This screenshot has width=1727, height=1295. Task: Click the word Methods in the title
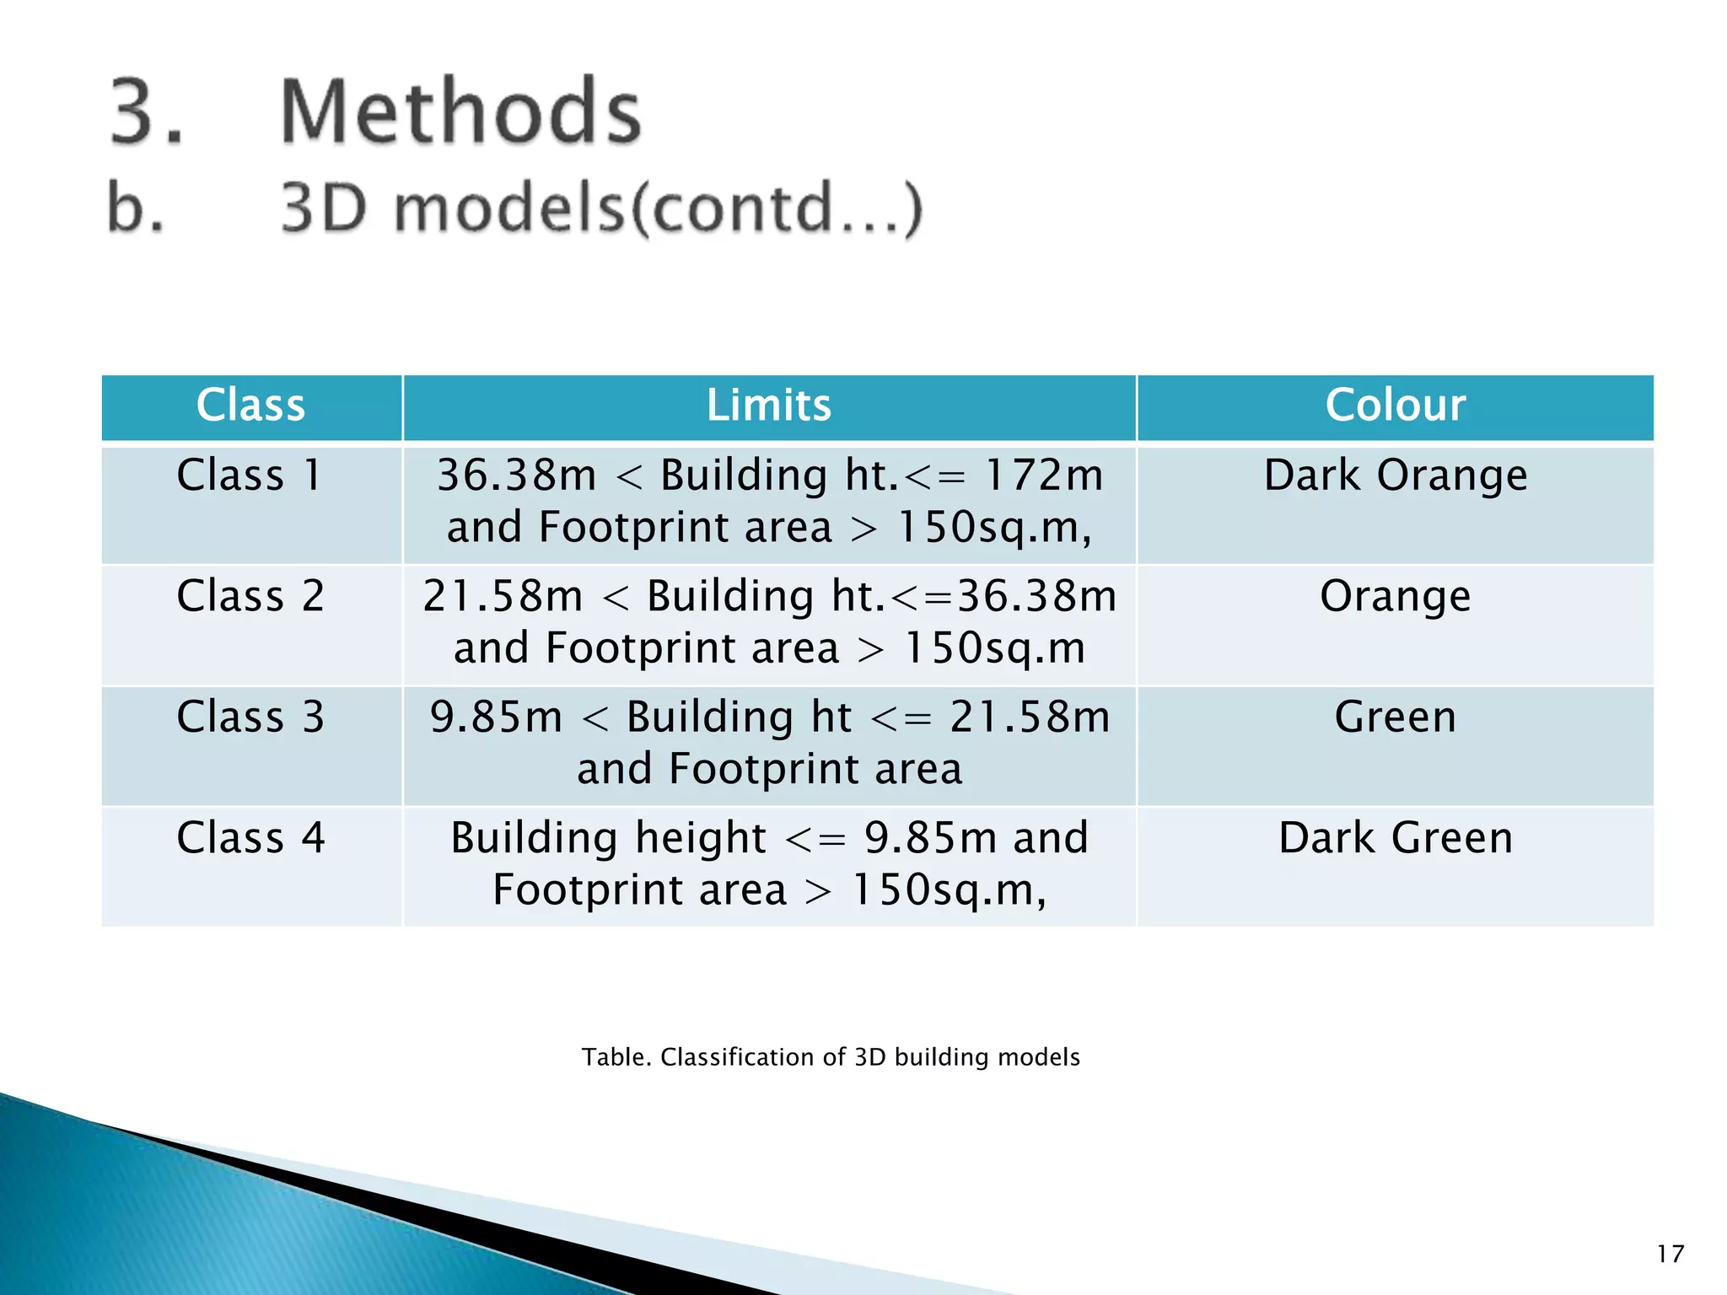pos(460,111)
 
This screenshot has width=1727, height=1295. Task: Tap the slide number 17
pos(1670,1254)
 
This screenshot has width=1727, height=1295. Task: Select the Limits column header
pos(768,405)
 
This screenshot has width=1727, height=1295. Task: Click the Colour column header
pos(1395,405)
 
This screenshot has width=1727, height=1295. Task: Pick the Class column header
pos(250,405)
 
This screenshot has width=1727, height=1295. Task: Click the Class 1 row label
pos(250,475)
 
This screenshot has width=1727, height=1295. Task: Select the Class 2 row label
pos(250,596)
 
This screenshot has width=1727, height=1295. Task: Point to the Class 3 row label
pos(250,717)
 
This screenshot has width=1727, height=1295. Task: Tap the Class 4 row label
pos(250,838)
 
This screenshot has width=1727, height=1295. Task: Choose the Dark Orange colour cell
pos(1395,476)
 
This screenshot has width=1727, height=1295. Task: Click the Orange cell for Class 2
pos(1395,596)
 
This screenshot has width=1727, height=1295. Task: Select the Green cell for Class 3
pos(1395,717)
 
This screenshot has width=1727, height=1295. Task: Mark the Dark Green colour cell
pos(1395,838)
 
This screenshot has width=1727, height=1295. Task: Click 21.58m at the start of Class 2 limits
pos(503,596)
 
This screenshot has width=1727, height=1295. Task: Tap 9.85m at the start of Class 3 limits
pos(496,717)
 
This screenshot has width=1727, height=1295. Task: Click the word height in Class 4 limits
pos(700,838)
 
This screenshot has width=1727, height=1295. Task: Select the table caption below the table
pos(831,1057)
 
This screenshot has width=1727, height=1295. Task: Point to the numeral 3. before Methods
pos(146,111)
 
